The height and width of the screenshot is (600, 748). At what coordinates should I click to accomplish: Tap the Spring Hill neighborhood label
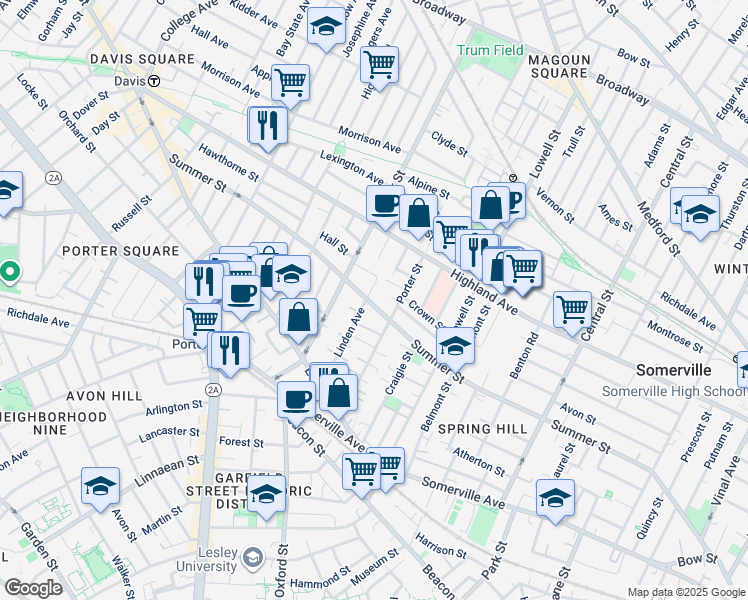(483, 429)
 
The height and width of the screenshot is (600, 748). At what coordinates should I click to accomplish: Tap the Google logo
(33, 587)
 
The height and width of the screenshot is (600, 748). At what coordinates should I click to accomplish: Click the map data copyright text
(686, 592)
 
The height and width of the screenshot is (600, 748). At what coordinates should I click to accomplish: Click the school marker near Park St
(555, 496)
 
